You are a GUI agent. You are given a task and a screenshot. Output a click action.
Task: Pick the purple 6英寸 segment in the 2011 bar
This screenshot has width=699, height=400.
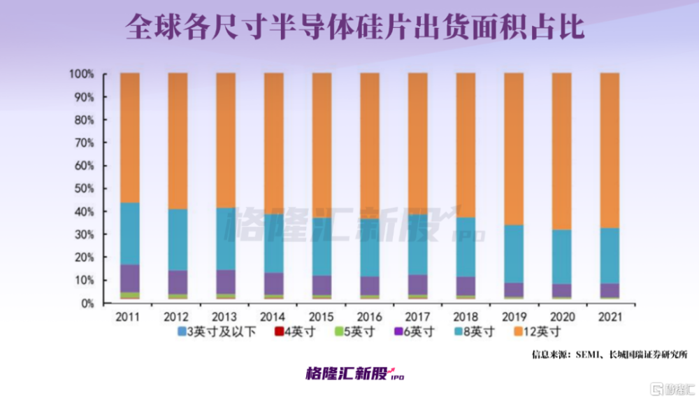(129, 278)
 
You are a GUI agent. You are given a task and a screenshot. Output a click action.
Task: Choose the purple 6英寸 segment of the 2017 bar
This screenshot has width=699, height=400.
(417, 285)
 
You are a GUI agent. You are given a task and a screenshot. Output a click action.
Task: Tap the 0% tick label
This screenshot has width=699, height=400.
(86, 303)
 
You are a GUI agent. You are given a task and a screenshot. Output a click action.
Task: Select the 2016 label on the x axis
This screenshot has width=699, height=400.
(369, 317)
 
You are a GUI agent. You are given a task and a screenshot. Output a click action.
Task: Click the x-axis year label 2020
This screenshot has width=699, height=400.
(561, 317)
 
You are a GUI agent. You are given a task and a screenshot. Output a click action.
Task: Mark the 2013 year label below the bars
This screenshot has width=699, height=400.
(225, 317)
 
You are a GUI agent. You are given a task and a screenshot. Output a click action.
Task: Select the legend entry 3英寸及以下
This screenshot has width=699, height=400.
(213, 331)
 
